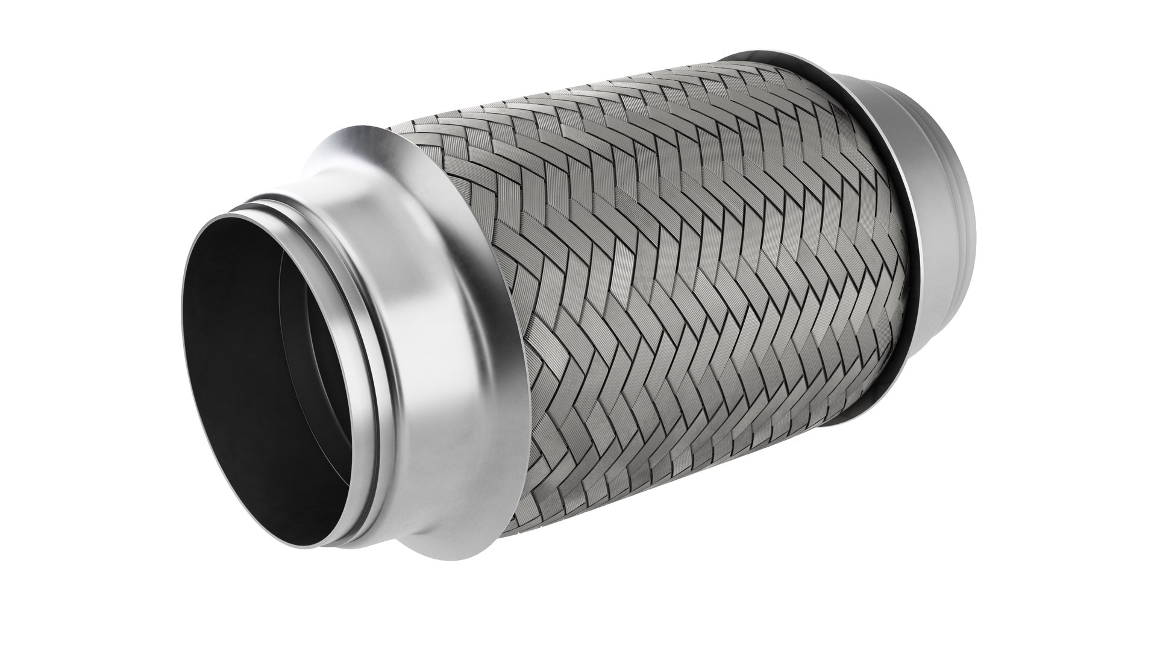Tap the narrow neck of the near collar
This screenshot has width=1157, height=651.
tap(362, 253)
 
